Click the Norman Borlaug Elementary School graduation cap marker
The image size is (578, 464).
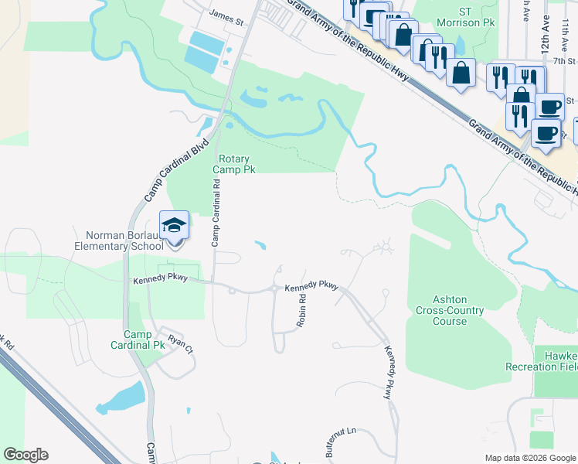pyautogui.click(x=174, y=226)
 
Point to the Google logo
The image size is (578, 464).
pyautogui.click(x=26, y=455)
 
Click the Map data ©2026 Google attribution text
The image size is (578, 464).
pyautogui.click(x=529, y=458)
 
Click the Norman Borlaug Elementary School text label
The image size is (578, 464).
pyautogui.click(x=120, y=241)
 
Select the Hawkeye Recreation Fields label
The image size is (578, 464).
pyautogui.click(x=542, y=359)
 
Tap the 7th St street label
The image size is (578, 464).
pyautogui.click(x=554, y=60)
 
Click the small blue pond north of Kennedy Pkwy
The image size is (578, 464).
pyautogui.click(x=260, y=247)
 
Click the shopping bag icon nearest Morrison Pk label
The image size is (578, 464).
pyautogui.click(x=403, y=36)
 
